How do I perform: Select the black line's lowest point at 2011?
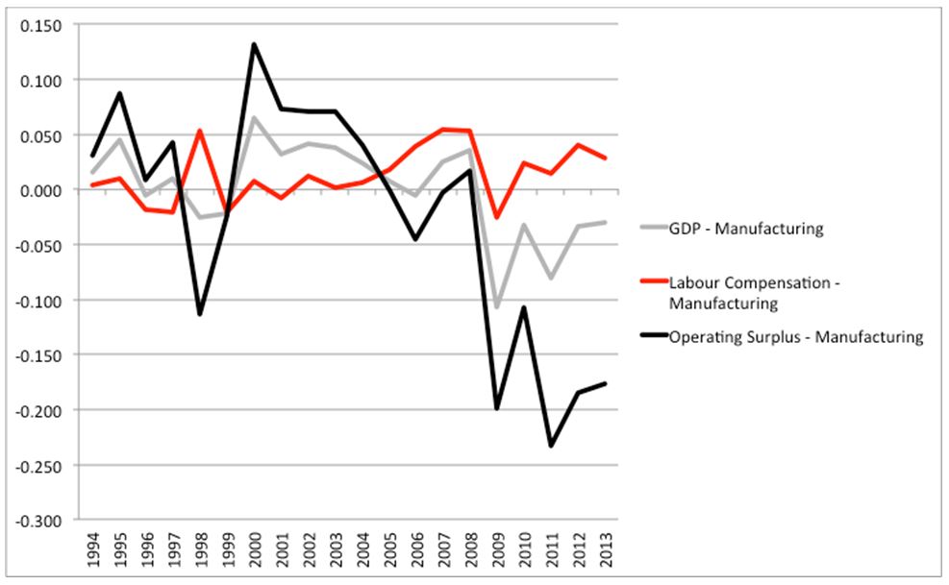(x=551, y=446)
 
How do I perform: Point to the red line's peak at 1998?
(x=200, y=131)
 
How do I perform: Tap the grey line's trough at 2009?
(x=497, y=307)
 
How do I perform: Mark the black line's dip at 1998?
(x=200, y=314)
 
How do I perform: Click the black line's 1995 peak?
(x=119, y=93)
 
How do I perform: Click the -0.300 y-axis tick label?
(x=41, y=521)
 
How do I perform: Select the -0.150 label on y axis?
(x=41, y=355)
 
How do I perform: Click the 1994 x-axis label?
(x=92, y=553)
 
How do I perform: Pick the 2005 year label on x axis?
(x=389, y=553)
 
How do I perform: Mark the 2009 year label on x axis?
(x=497, y=553)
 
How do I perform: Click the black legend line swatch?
(x=657, y=337)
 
